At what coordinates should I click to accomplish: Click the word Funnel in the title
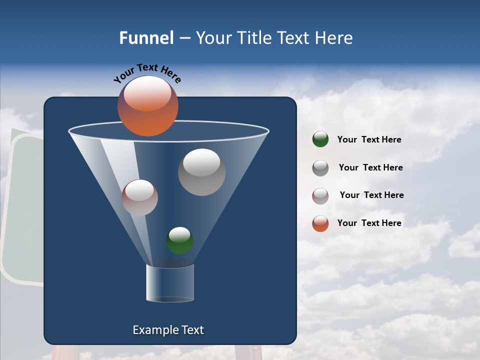[x=146, y=38]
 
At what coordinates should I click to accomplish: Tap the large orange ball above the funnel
[x=147, y=106]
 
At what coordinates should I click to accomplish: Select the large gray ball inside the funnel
[x=201, y=172]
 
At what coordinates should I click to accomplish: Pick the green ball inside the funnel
[x=179, y=240]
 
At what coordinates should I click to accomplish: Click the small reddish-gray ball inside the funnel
[x=139, y=197]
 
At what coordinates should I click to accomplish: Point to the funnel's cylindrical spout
[x=169, y=283]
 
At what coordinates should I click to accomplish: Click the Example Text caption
[x=168, y=330]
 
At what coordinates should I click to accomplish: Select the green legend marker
[x=320, y=139]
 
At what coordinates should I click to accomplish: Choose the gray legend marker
[x=320, y=167]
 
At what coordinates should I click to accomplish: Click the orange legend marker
[x=320, y=223]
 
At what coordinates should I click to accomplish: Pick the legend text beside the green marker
[x=369, y=140]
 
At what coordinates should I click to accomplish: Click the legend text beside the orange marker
[x=369, y=223]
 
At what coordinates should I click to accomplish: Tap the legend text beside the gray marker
[x=370, y=167]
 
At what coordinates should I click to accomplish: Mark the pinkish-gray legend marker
[x=320, y=195]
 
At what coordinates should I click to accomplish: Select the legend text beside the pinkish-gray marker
[x=371, y=195]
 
